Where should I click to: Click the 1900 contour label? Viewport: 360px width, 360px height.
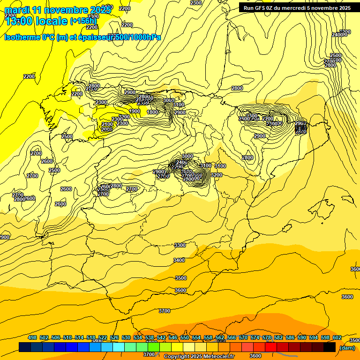tap(135, 111)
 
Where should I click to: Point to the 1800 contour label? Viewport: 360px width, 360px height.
tap(152, 112)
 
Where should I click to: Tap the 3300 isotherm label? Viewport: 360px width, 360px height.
tap(180, 245)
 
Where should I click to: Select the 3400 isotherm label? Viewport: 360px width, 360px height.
tap(179, 260)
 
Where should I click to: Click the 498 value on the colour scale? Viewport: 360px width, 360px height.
tap(32, 337)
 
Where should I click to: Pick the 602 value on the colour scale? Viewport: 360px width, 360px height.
tap(337, 337)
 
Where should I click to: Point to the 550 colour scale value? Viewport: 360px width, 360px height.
tap(185, 337)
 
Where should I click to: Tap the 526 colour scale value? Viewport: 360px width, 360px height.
tap(114, 337)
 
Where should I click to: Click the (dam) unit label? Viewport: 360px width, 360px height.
tap(347, 348)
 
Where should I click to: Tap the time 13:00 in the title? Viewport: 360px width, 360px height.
tap(19, 21)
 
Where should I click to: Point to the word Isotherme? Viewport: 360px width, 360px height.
tap(22, 37)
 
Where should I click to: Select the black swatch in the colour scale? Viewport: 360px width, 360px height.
tap(330, 347)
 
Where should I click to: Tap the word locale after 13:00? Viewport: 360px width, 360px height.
tap(51, 21)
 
